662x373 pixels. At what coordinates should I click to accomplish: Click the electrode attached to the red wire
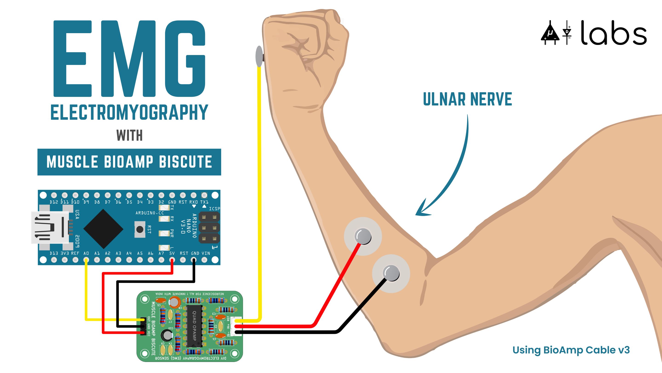(363, 236)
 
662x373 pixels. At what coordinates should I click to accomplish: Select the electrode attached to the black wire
(391, 273)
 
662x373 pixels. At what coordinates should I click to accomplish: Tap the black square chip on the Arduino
(103, 229)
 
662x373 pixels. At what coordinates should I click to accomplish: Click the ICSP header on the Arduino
(209, 227)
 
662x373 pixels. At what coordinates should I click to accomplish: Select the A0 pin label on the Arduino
(86, 253)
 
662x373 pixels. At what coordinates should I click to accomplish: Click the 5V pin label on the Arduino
(172, 253)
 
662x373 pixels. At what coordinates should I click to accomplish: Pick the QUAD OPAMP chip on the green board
(194, 326)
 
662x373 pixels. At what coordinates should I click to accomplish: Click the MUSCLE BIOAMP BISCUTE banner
(129, 162)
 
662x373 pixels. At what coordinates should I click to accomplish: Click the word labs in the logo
(614, 33)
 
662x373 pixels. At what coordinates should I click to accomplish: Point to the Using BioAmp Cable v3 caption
(571, 350)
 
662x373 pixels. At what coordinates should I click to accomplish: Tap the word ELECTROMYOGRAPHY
(129, 113)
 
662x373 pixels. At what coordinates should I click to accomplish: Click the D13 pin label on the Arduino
(54, 253)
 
